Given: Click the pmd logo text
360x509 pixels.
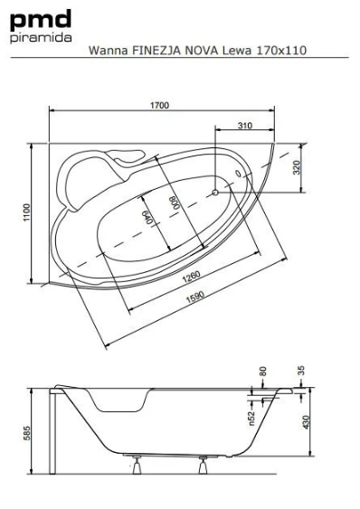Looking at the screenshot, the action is pos(41,20).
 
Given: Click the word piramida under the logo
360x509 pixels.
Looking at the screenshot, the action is pos(41,37).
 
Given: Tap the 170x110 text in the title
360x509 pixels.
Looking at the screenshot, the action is pos(281,51).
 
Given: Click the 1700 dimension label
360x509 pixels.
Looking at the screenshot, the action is pos(159,106).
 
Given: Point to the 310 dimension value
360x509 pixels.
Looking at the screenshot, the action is pos(244,126).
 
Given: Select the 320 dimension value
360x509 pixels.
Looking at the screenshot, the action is pos(297,167).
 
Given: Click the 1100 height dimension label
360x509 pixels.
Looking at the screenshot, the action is pos(26,212).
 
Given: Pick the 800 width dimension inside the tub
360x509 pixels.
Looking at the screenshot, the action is pos(175,203).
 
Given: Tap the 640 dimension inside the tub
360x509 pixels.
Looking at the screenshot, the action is pos(147,217).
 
